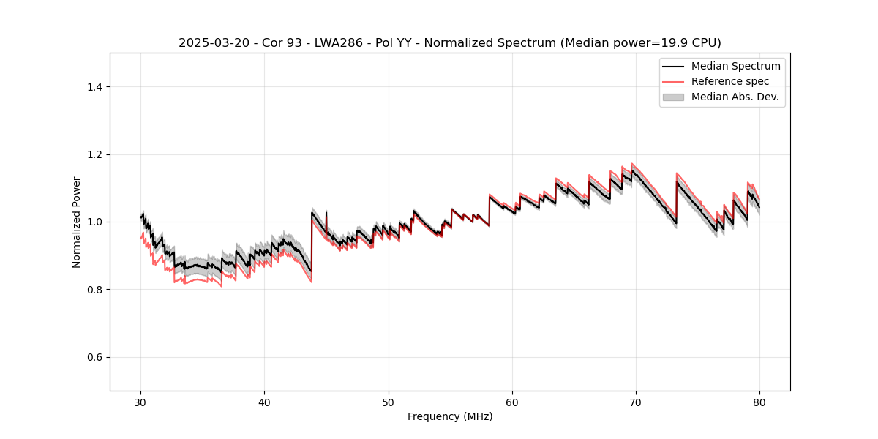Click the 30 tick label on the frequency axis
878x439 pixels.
pos(141,402)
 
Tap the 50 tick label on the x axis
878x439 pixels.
pos(389,402)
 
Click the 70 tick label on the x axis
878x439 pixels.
pos(636,402)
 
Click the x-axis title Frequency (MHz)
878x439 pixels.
pos(450,416)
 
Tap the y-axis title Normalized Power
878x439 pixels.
pos(77,222)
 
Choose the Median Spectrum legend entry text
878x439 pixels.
pos(735,66)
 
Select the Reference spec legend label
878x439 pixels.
pos(730,81)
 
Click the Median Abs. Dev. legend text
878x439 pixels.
pos(735,97)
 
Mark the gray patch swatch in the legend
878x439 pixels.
pos(673,97)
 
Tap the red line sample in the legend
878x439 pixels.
pos(673,81)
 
